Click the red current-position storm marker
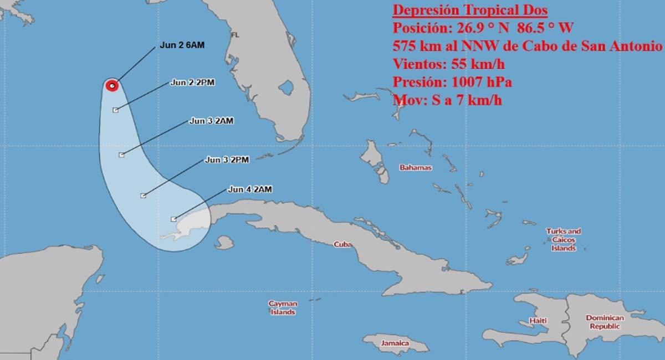[x=112, y=85]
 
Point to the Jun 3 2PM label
[x=227, y=160]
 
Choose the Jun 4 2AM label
[x=249, y=189]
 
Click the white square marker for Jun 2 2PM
[x=115, y=110]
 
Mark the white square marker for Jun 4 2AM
[x=174, y=219]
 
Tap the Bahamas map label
[x=416, y=167]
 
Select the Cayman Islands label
[x=283, y=308]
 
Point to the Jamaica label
[x=395, y=343]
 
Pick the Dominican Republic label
[x=605, y=322]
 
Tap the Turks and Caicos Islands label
[x=564, y=240]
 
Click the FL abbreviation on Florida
[x=235, y=34]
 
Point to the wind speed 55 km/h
[x=477, y=64]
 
